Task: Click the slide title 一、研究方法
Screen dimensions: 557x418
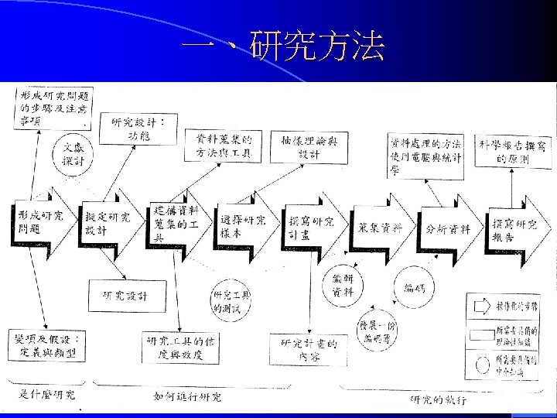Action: pyautogui.click(x=282, y=48)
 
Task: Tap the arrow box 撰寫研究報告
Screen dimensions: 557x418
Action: pyautogui.click(x=514, y=228)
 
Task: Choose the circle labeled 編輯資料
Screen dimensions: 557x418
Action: pyautogui.click(x=342, y=285)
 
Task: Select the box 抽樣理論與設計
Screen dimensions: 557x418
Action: pyautogui.click(x=309, y=146)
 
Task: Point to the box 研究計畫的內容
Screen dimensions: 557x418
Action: pyautogui.click(x=309, y=349)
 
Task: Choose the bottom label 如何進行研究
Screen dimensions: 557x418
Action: pyautogui.click(x=186, y=397)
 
